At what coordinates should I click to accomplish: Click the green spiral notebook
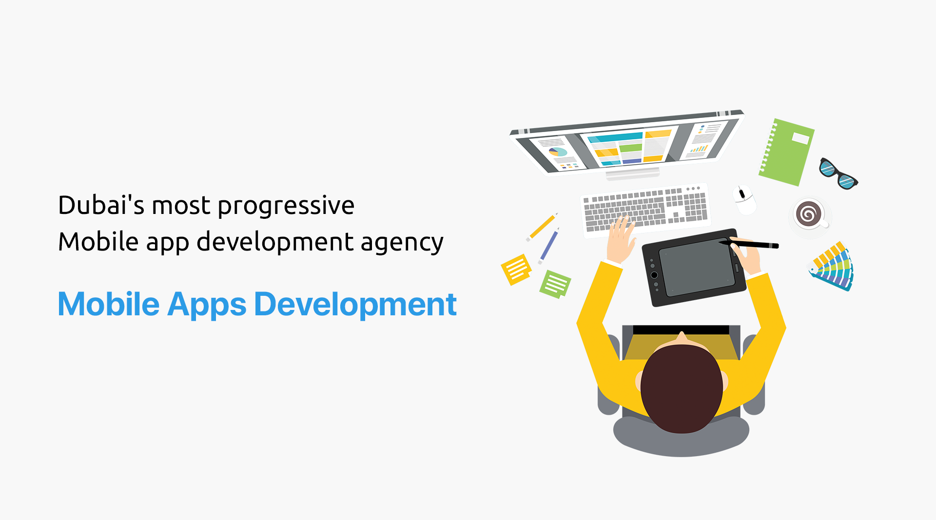coord(786,152)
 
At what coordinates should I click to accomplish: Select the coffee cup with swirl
coord(809,214)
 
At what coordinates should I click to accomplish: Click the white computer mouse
coord(745,199)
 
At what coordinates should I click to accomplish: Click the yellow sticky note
coord(516,270)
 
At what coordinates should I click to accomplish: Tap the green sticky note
coord(555,284)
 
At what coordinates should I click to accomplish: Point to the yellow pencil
coord(542,227)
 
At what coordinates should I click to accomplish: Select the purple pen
coord(548,246)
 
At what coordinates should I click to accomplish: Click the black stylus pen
coord(749,243)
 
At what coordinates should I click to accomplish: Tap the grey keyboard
coord(645,210)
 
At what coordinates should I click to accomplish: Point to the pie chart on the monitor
coord(558,152)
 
